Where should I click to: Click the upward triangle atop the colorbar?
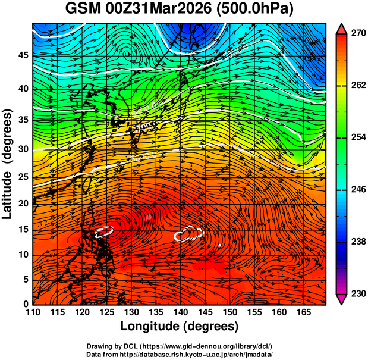[341, 29]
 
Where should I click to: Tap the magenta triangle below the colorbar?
[341, 299]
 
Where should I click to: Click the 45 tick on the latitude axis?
[23, 55]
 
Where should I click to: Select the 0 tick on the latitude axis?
[26, 304]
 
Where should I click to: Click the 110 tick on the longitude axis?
[33, 312]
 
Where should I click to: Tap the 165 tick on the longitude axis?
[302, 312]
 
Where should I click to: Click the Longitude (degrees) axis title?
[179, 326]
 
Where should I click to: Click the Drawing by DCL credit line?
[179, 346]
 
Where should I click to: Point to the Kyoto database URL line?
[179, 354]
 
